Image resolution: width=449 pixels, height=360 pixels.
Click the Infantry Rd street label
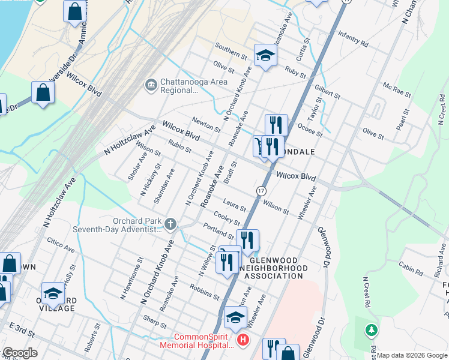(x=353, y=39)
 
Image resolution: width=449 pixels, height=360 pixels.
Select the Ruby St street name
(x=295, y=73)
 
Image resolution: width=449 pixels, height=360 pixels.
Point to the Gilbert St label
(x=327, y=92)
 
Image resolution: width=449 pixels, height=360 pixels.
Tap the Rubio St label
(x=179, y=146)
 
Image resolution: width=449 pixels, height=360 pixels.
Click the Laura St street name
(x=234, y=205)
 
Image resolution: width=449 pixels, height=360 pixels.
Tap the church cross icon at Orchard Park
(x=170, y=224)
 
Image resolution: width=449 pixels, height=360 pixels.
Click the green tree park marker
(x=372, y=329)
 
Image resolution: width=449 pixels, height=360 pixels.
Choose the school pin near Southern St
(x=265, y=55)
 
